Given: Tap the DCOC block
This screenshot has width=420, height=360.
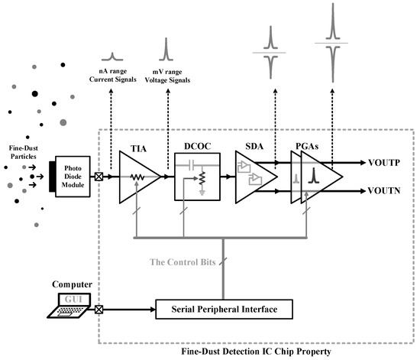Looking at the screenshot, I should (198, 176).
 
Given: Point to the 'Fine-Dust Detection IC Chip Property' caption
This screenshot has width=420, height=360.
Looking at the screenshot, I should (258, 352).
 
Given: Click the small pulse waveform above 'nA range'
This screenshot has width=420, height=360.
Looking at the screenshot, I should (112, 56).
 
